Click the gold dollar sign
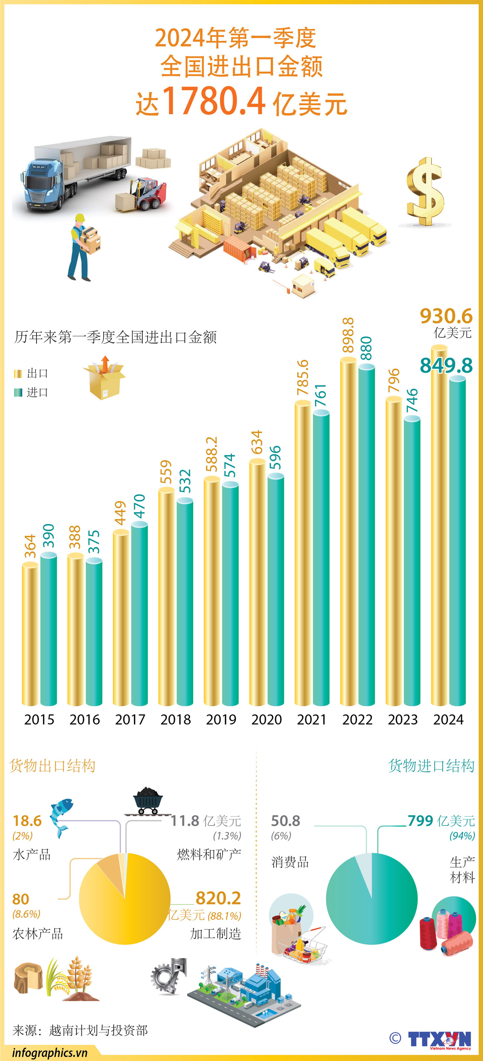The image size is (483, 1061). point(425,192)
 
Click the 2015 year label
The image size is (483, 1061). point(39,719)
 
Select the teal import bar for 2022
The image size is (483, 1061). point(366,535)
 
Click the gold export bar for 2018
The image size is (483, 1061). point(166,597)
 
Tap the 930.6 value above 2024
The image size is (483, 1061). point(446,316)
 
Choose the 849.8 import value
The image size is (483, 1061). point(446,365)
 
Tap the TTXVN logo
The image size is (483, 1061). point(439,1039)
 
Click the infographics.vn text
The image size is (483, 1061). point(50,1052)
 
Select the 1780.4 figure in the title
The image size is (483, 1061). point(214,101)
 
